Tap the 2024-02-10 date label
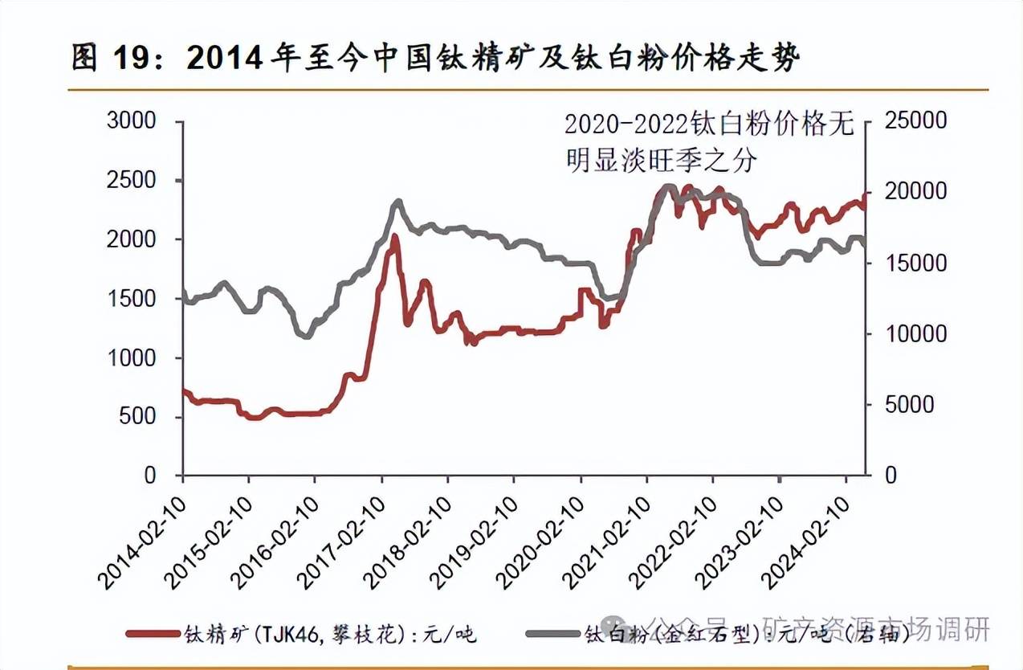pyautogui.click(x=809, y=534)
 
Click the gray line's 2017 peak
pyautogui.click(x=397, y=202)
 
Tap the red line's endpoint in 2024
pyautogui.click(x=865, y=195)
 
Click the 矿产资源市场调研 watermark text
pyautogui.click(x=875, y=629)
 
